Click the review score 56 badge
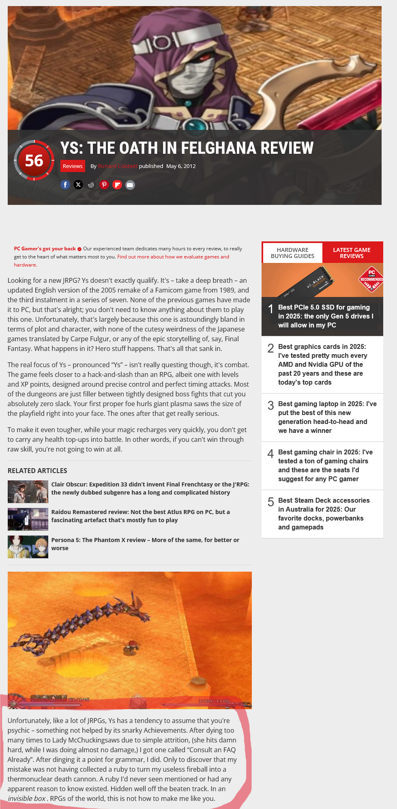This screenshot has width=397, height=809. coord(34,160)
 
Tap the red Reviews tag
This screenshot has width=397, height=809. coord(73,166)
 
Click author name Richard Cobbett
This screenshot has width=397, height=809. coord(118,166)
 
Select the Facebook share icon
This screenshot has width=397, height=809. coord(65,185)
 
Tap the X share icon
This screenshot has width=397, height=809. coord(78,185)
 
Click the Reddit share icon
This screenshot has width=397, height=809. coord(91,185)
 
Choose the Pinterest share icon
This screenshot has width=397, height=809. coord(104,185)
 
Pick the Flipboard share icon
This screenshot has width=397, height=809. coord(117,185)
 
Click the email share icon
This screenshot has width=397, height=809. coord(130,185)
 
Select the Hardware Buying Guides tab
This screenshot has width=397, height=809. coord(292,253)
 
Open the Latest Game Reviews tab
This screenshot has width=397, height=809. coord(352,253)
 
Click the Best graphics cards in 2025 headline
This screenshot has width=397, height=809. coord(322,364)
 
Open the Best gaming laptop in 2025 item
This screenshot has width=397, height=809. coord(327,417)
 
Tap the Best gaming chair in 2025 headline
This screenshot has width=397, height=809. coord(325,465)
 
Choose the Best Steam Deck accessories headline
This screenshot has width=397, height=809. coord(324,514)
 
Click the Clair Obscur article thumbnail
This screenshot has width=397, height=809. coord(28,492)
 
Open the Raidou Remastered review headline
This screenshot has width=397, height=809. coord(140,516)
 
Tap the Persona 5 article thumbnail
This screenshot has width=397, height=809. coord(28,547)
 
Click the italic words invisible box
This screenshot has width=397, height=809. coord(26,798)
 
